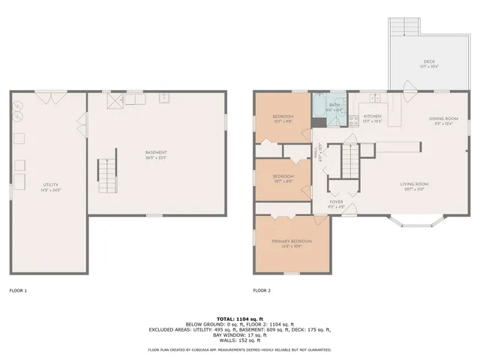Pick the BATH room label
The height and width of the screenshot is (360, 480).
pyautogui.click(x=334, y=106)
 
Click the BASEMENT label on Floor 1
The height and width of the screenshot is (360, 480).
pyautogui.click(x=156, y=154)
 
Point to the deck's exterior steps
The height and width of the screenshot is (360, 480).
pyautogui.click(x=403, y=28)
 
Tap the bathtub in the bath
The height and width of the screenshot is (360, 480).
pyautogui.click(x=319, y=107)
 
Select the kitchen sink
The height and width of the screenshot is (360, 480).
pyautogui.click(x=374, y=97)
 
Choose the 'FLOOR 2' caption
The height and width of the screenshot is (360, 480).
pyautogui.click(x=262, y=290)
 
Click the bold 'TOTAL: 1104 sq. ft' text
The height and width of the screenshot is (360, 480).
pyautogui.click(x=240, y=318)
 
